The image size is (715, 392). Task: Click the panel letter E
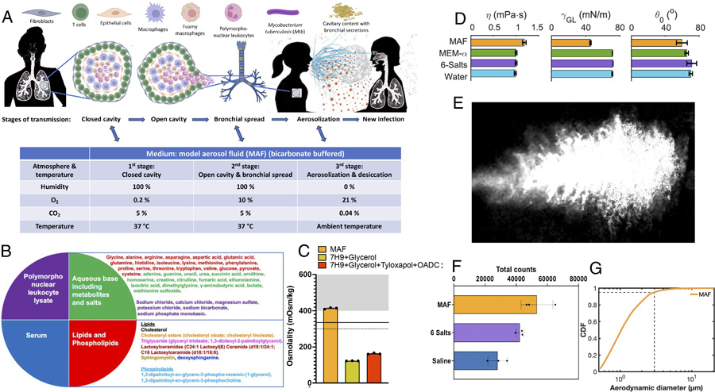click(457, 102)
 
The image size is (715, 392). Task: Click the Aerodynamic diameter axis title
click(643, 385)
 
